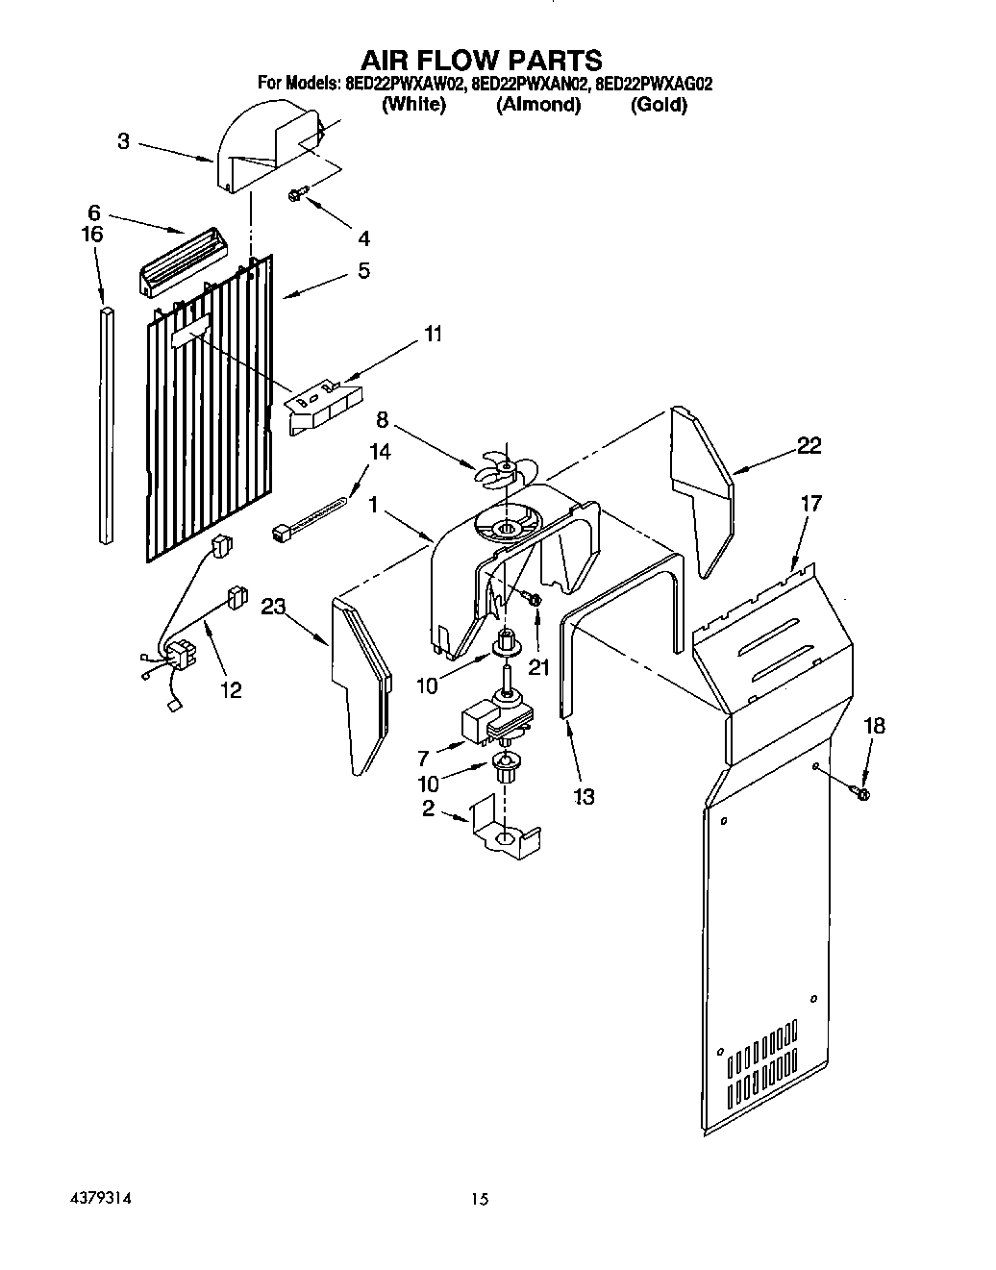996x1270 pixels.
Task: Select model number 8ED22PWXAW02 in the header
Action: tap(405, 84)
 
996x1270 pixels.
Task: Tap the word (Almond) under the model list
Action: tap(538, 105)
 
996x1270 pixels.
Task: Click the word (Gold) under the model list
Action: tap(659, 105)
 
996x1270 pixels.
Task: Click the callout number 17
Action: tap(813, 502)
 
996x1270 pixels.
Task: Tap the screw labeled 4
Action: tap(295, 195)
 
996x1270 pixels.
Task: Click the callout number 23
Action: tap(274, 607)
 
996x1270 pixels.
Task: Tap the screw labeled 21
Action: tap(533, 600)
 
